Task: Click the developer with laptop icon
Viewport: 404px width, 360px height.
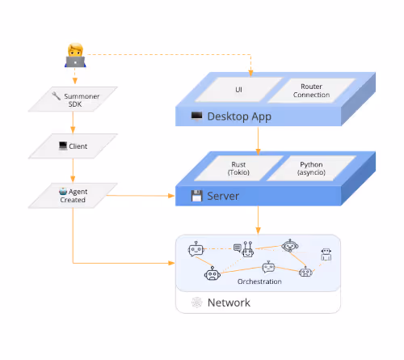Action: [x=75, y=55]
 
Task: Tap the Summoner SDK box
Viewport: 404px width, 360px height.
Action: [x=73, y=100]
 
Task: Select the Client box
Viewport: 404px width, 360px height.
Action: [x=73, y=146]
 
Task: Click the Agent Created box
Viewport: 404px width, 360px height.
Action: [x=73, y=196]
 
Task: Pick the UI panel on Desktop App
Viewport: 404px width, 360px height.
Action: [x=238, y=90]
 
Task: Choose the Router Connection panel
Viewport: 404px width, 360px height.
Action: [x=312, y=91]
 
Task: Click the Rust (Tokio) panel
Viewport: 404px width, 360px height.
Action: [x=238, y=168]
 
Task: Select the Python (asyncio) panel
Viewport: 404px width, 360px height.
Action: [x=311, y=168]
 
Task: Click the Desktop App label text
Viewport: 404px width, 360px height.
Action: [x=239, y=116]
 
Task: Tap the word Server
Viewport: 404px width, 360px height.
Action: [x=223, y=196]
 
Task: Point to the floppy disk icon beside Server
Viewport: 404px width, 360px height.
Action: [x=196, y=196]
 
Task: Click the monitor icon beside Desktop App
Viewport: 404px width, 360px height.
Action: [x=196, y=116]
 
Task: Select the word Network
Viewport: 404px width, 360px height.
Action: [x=229, y=303]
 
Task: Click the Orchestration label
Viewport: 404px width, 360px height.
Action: [x=259, y=282]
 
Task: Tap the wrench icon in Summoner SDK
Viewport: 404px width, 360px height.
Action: [x=56, y=95]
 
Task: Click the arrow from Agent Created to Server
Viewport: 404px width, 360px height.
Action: [x=141, y=196]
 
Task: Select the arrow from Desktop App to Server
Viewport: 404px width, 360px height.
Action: [x=258, y=141]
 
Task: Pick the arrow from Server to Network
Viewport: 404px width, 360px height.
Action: [x=258, y=220]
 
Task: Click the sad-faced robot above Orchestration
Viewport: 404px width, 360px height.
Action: [x=213, y=273]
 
